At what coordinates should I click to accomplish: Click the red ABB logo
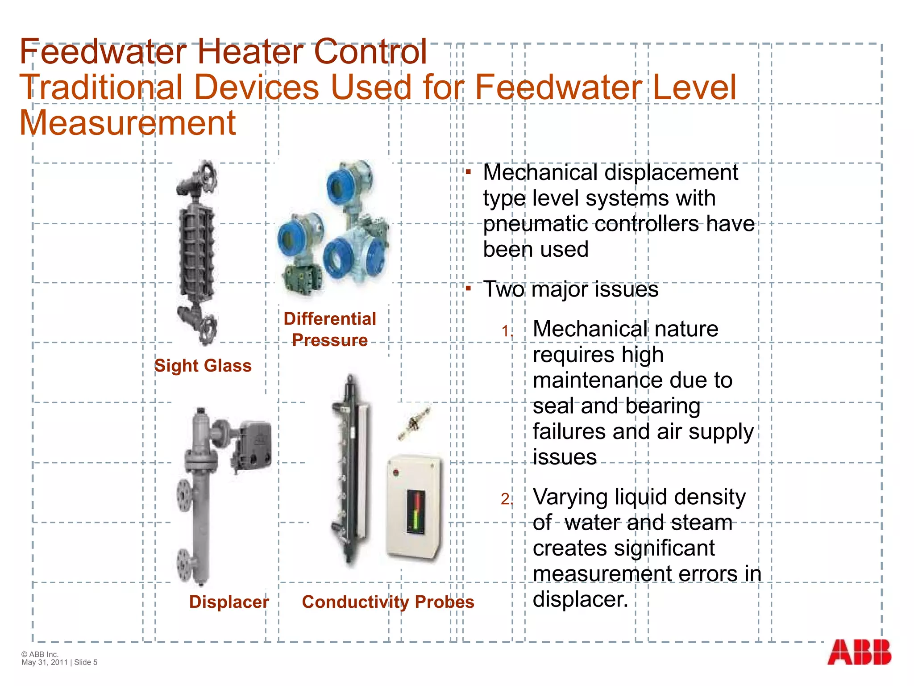[859, 652]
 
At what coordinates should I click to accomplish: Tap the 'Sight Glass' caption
[203, 366]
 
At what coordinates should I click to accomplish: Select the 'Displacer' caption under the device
[229, 602]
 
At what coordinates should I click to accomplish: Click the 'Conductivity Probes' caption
[388, 602]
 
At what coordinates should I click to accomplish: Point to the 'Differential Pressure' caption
[330, 330]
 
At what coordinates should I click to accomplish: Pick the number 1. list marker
[507, 331]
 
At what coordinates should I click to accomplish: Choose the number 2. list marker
[507, 499]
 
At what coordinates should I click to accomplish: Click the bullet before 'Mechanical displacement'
[468, 172]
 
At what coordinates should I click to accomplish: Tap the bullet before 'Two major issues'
[468, 289]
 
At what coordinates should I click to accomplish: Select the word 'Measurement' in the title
[128, 123]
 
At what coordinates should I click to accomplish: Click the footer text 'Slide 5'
[86, 662]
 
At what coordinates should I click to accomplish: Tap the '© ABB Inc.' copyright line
[40, 654]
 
